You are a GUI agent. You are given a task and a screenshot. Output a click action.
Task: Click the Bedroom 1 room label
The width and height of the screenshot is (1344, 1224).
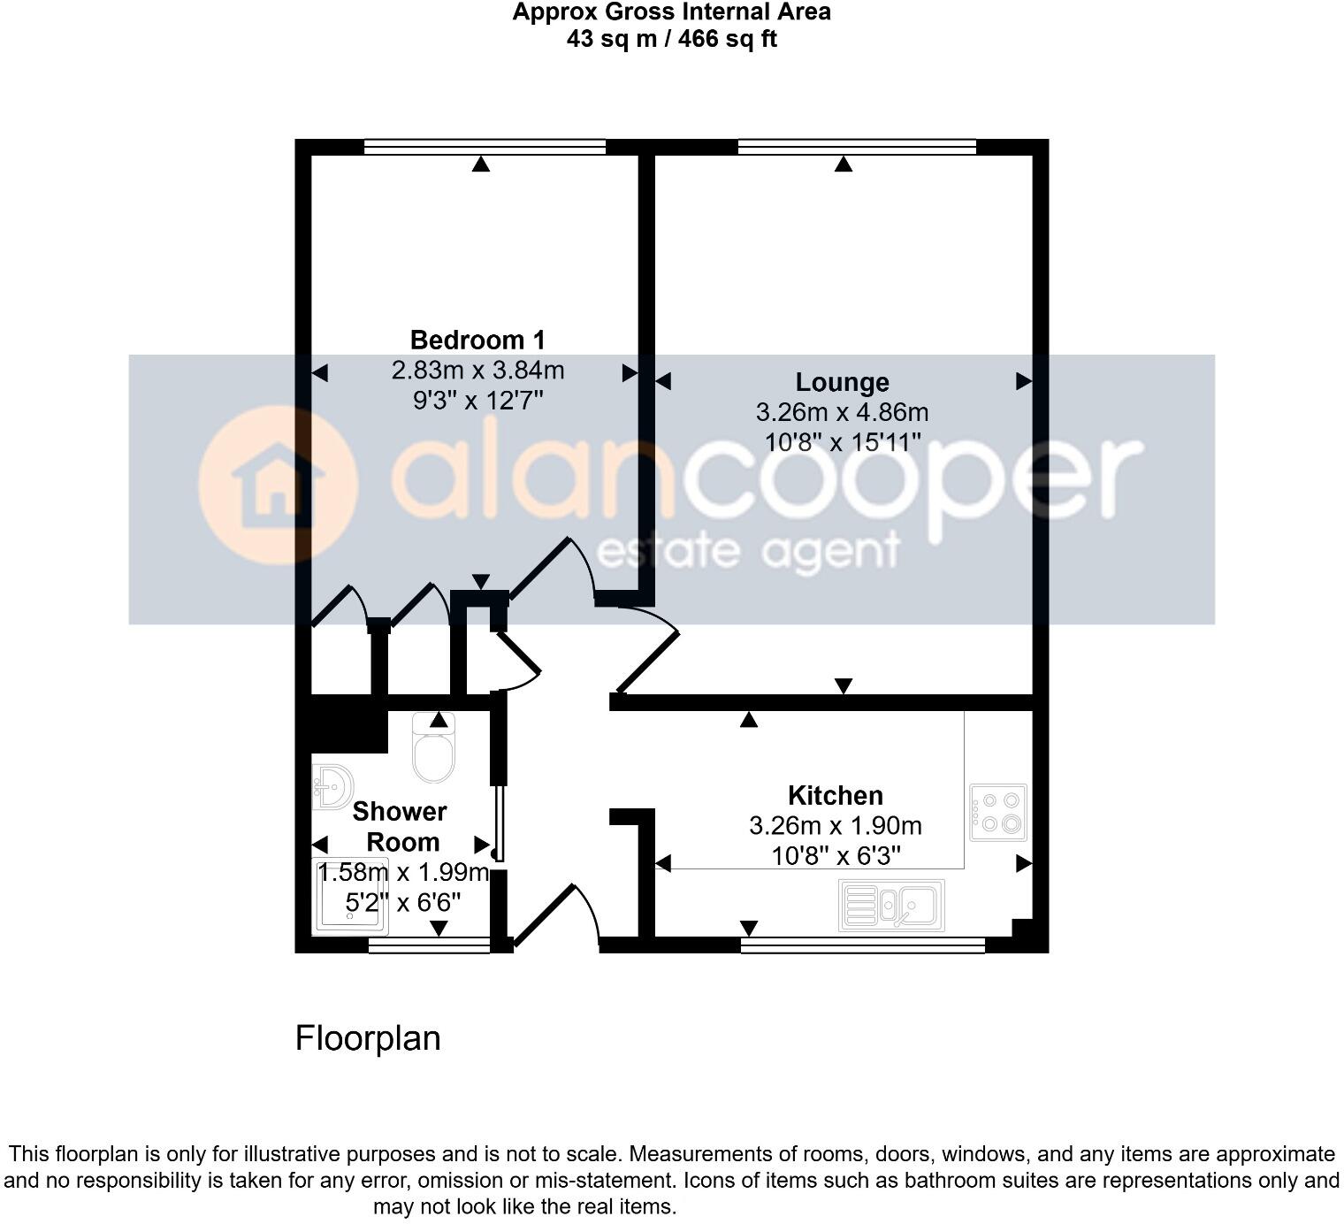coord(477,340)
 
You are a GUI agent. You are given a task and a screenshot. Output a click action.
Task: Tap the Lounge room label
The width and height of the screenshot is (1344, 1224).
coord(842,382)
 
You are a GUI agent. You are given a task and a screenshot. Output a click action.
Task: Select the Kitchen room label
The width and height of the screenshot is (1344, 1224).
coord(836,795)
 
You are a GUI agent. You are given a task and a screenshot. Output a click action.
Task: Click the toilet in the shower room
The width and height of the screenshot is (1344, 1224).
coord(433,750)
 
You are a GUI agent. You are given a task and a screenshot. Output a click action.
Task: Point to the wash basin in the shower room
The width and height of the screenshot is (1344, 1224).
coord(332,786)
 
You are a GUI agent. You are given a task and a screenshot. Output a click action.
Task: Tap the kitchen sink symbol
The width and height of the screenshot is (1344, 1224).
coord(891,905)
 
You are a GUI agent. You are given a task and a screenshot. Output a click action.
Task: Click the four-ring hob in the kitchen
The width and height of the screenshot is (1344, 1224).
coord(998,812)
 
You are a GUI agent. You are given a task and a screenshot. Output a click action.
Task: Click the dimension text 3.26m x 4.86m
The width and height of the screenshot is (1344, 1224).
coord(842,412)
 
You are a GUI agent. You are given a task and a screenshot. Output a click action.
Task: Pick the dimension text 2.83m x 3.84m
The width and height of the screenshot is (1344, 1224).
coord(477,370)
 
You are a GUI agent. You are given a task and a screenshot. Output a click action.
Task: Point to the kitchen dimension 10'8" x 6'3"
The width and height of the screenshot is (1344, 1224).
coord(836,855)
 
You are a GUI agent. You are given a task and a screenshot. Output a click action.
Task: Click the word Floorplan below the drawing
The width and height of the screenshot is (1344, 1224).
coord(368,1038)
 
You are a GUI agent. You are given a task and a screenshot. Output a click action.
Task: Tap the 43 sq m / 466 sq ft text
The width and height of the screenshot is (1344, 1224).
coord(672,39)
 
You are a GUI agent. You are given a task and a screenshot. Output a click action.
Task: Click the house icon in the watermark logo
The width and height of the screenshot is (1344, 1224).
coord(278,484)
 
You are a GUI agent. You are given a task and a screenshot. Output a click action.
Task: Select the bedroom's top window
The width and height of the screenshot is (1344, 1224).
coord(485,147)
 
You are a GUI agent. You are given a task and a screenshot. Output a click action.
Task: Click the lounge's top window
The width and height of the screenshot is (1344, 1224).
coord(856,147)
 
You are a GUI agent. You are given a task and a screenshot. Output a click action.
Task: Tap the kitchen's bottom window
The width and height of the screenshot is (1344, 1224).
coord(862,945)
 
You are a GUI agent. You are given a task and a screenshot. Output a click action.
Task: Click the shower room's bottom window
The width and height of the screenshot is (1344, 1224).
coord(429,945)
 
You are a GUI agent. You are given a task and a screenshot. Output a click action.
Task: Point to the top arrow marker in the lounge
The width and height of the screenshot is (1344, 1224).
coord(844,164)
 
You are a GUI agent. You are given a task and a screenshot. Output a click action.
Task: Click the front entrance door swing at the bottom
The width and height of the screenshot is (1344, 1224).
coord(555,915)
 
